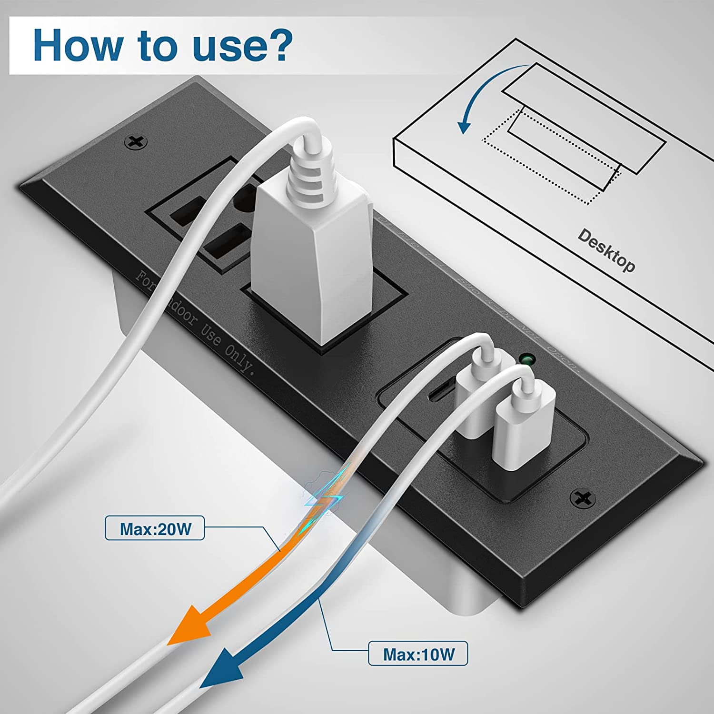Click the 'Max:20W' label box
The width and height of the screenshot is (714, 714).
[155, 528]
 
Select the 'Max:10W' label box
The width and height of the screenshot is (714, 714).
[418, 654]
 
